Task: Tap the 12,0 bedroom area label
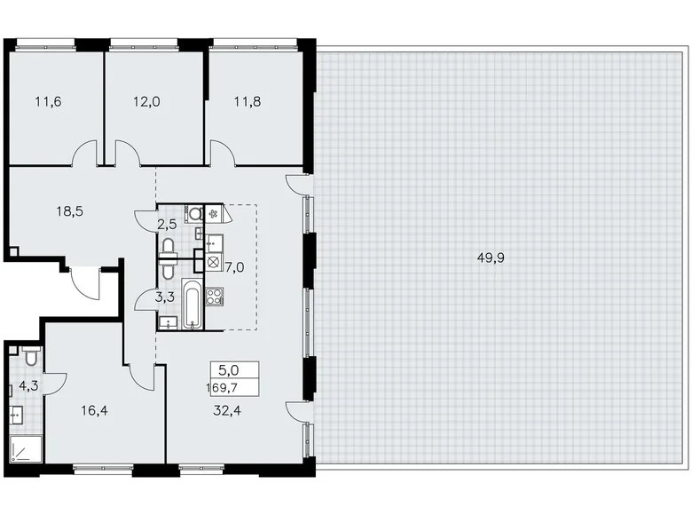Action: pos(147,101)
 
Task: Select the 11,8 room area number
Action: pos(248,101)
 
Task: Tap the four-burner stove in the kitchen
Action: pos(214,296)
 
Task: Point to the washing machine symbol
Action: pos(213,262)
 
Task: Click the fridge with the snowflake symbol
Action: pos(213,212)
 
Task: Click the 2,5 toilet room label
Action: pos(167,224)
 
